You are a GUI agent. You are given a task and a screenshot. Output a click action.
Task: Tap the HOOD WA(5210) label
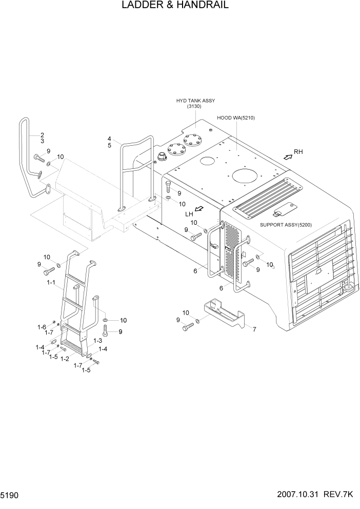coord(236,118)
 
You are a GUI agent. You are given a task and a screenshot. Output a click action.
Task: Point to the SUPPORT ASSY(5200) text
coord(286,225)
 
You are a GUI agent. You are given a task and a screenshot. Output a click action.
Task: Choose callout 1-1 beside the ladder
coord(51,282)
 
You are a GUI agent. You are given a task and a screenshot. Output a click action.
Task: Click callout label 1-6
coord(42,327)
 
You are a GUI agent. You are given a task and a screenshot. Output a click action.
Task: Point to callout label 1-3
coord(97,341)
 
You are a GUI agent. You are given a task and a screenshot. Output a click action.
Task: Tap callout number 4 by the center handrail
coord(109,139)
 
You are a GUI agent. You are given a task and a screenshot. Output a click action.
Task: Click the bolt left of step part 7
coord(188,326)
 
